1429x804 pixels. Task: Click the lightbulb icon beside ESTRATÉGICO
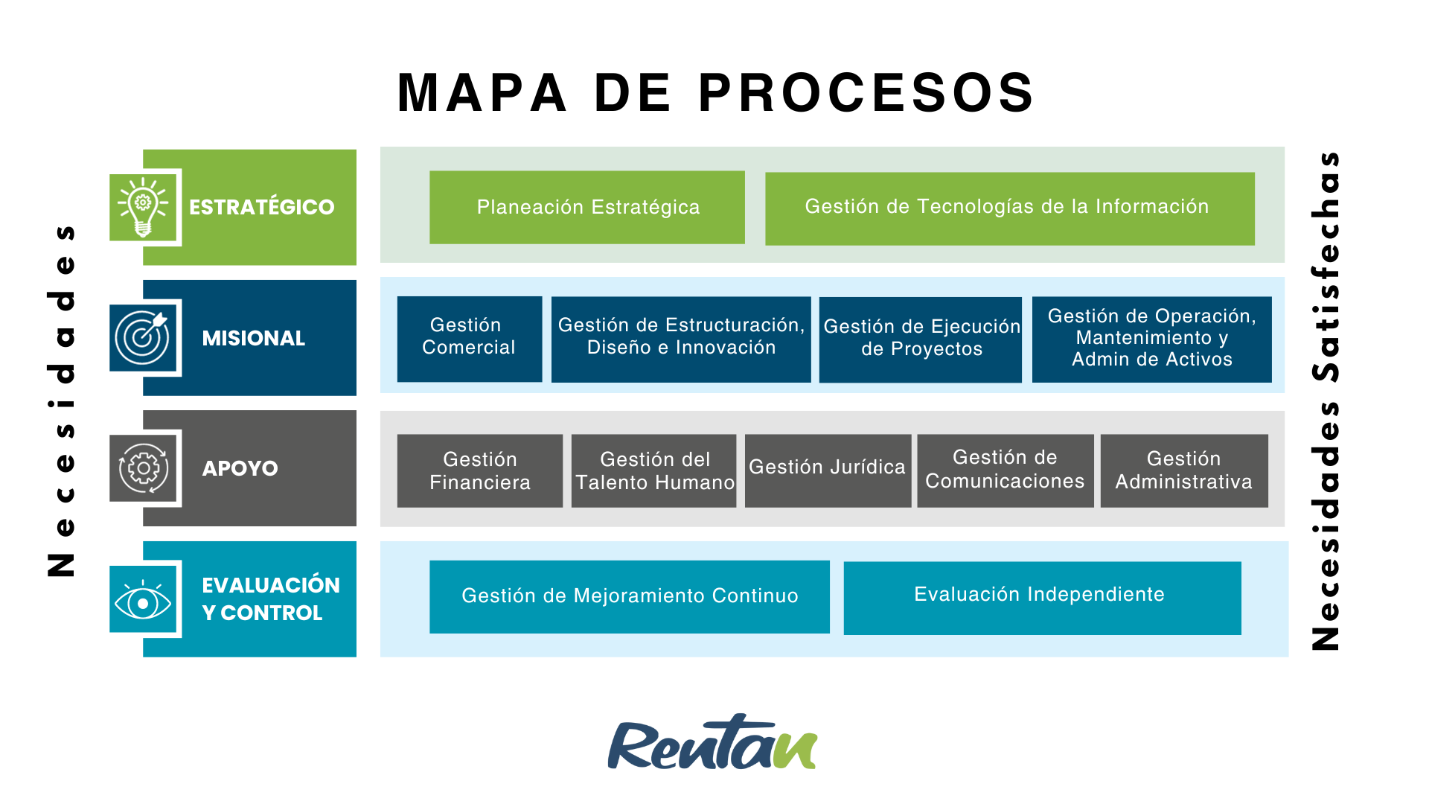click(144, 206)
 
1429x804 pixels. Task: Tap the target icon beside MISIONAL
click(144, 337)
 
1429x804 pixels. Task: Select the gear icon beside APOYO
click(144, 468)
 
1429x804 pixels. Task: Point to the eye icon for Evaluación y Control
click(144, 600)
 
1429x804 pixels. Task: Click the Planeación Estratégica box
click(587, 207)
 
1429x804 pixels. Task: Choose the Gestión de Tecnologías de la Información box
click(1009, 208)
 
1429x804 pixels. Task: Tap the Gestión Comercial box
click(469, 339)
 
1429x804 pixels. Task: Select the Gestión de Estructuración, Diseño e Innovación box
click(681, 339)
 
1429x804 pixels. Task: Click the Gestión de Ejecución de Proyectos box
click(921, 339)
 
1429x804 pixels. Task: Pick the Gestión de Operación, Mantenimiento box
click(1151, 339)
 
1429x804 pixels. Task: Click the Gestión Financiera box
click(479, 470)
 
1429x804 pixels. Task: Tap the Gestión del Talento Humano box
click(653, 470)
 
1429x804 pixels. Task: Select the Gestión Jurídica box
click(828, 470)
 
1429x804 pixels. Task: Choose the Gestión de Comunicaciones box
click(1005, 470)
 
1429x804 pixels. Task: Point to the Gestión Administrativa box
click(1183, 470)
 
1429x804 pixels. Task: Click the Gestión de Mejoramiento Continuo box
click(629, 596)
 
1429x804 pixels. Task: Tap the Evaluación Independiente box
click(1041, 597)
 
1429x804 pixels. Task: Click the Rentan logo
click(712, 743)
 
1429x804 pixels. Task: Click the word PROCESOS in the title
click(866, 94)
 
